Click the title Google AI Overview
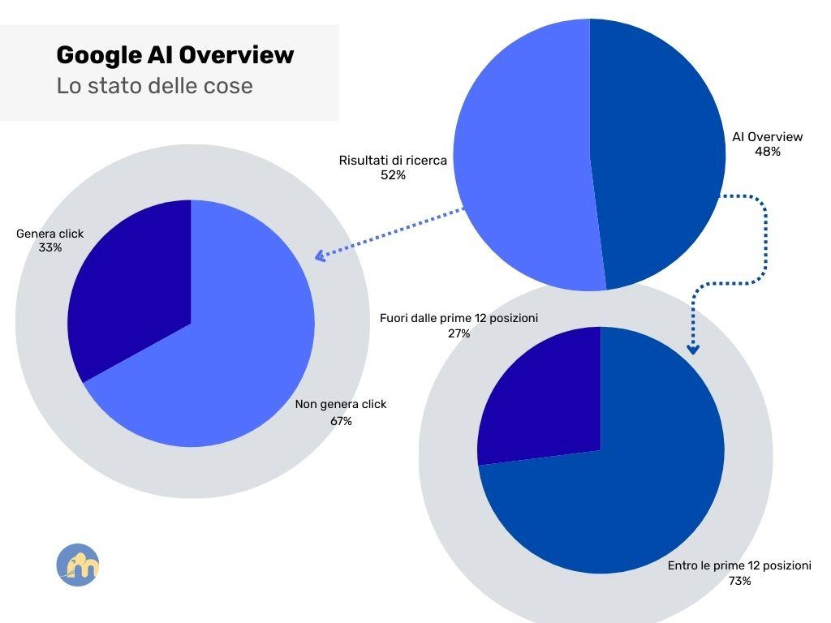[174, 55]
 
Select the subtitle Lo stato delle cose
[154, 86]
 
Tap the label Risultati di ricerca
[393, 161]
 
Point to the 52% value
[393, 174]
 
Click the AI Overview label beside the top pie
[767, 137]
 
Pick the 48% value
[767, 151]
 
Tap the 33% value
[50, 247]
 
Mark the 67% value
[341, 421]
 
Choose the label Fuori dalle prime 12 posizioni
[459, 319]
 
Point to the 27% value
[459, 333]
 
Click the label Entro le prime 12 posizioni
[739, 566]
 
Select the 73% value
[739, 581]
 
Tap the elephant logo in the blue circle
[78, 565]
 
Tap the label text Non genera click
[341, 404]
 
